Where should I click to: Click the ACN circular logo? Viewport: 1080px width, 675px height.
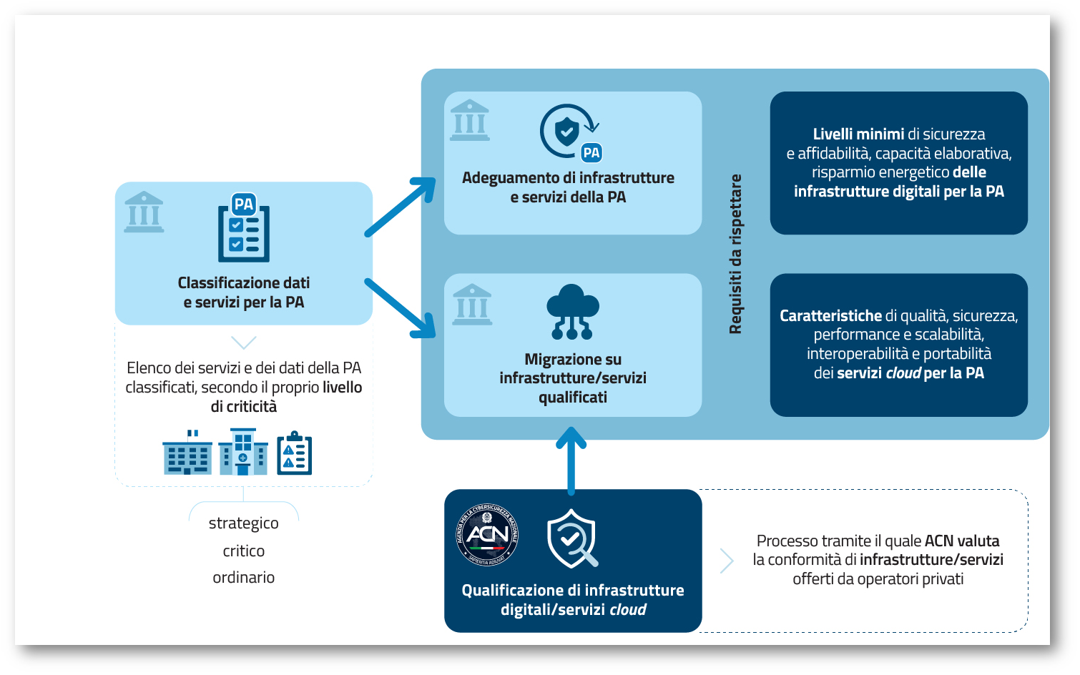487,535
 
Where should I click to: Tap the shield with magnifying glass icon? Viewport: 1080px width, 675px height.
572,538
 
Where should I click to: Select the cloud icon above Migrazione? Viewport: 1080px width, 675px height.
573,312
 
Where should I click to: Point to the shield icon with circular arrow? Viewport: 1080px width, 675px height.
570,132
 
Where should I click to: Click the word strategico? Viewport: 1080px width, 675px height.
243,523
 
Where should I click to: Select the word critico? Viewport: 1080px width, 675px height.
243,551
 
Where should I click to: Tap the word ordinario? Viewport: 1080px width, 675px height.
243,577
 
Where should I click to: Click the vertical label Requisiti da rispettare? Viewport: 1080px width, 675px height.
735,254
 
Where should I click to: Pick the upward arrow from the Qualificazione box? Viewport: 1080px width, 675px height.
571,461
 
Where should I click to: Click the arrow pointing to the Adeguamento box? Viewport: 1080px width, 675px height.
401,207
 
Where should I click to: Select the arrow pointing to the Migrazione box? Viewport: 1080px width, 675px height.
401,308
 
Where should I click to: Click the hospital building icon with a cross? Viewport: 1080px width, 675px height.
243,452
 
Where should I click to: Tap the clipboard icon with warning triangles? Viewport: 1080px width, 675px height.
294,453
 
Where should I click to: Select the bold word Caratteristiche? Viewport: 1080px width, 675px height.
830,315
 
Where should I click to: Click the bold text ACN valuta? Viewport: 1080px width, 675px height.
962,541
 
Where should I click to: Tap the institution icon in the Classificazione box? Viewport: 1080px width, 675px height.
144,212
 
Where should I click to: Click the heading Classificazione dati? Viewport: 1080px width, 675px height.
243,282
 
